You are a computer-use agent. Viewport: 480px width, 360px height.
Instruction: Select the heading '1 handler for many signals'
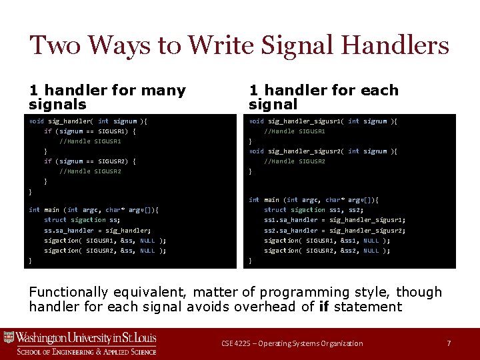pyautogui.click(x=107, y=97)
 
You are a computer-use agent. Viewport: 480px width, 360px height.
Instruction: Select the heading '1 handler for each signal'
pyautogui.click(x=323, y=97)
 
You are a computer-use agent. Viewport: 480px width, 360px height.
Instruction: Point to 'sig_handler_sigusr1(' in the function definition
pyautogui.click(x=306, y=121)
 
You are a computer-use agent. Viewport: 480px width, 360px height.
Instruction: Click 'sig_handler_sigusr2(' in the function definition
pyautogui.click(x=306, y=151)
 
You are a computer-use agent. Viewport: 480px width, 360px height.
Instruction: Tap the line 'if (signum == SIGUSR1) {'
pyautogui.click(x=90, y=131)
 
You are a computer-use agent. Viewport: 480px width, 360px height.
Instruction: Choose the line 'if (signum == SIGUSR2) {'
pyautogui.click(x=90, y=161)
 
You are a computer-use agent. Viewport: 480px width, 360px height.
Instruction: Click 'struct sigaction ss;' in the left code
pyautogui.click(x=82, y=220)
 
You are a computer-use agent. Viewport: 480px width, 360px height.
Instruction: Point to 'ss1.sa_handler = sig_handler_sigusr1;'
pyautogui.click(x=335, y=220)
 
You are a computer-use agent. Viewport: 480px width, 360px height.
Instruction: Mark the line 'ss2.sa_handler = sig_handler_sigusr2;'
pyautogui.click(x=335, y=230)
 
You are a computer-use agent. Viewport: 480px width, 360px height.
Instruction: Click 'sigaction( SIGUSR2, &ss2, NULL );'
pyautogui.click(x=327, y=251)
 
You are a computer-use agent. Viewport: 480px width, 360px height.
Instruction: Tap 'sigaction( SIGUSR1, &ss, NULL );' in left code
pyautogui.click(x=105, y=241)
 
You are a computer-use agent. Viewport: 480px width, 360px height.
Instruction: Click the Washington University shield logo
pyautogui.click(x=9, y=339)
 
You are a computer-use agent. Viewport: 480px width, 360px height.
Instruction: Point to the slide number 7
pyautogui.click(x=449, y=343)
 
